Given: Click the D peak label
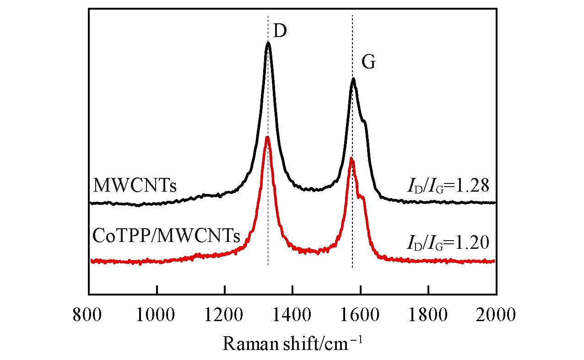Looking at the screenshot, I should pos(280,31).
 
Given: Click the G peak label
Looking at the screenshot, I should pos(368,63).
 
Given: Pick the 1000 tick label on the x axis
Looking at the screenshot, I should pos(157,315).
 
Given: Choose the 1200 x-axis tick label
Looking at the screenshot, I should pos(224,315).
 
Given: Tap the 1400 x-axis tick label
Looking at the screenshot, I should pos(292,315).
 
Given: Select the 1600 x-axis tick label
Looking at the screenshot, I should pos(360,315).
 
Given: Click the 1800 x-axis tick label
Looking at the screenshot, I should pos(428,315).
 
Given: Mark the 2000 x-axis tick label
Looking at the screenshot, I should pos(496,315).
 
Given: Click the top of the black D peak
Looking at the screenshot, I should pos(268,43).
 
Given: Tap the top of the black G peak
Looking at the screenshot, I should pos(353,79).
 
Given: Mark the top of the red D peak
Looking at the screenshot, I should pos(267,137).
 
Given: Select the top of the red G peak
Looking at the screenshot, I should pos(351,158).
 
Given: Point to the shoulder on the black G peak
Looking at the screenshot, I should pos(364,121).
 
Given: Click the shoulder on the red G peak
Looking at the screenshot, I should pos(362,197).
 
